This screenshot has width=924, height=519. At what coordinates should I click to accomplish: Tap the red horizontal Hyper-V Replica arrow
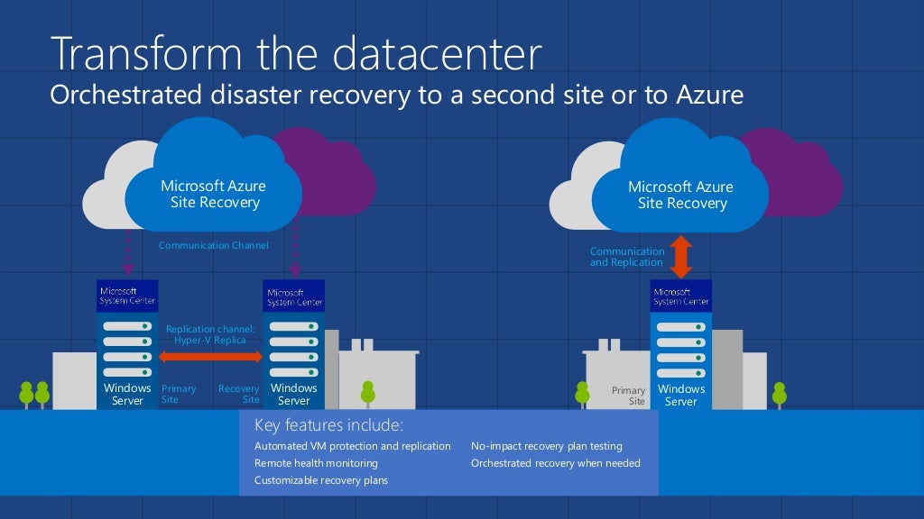click(210, 359)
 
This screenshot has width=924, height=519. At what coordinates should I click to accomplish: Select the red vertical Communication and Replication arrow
click(681, 257)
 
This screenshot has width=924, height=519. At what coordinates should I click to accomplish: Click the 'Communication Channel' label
click(213, 245)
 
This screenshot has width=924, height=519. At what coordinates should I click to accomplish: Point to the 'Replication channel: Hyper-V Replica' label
click(210, 335)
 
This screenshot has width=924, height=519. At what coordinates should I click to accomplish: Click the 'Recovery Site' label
click(240, 394)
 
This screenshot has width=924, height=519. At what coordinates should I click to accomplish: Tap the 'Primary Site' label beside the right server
click(629, 396)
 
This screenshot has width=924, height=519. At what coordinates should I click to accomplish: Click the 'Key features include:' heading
click(328, 425)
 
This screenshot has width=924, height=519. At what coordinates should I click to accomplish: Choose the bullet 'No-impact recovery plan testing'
click(546, 446)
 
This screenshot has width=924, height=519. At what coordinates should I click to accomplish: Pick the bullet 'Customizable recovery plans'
click(320, 480)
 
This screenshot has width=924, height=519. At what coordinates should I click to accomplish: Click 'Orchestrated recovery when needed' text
click(555, 463)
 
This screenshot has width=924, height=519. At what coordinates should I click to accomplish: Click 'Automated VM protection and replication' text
click(352, 446)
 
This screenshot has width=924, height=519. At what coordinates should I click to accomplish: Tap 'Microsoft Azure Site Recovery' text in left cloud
click(214, 195)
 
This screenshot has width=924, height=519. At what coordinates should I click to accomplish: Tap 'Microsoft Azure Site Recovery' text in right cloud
click(681, 196)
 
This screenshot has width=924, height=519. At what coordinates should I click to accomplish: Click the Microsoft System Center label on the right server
click(681, 296)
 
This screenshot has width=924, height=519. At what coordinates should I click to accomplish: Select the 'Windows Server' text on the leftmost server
click(127, 395)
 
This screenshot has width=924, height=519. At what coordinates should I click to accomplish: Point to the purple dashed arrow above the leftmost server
click(128, 252)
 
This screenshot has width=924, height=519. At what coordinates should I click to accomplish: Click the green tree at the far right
click(779, 394)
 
